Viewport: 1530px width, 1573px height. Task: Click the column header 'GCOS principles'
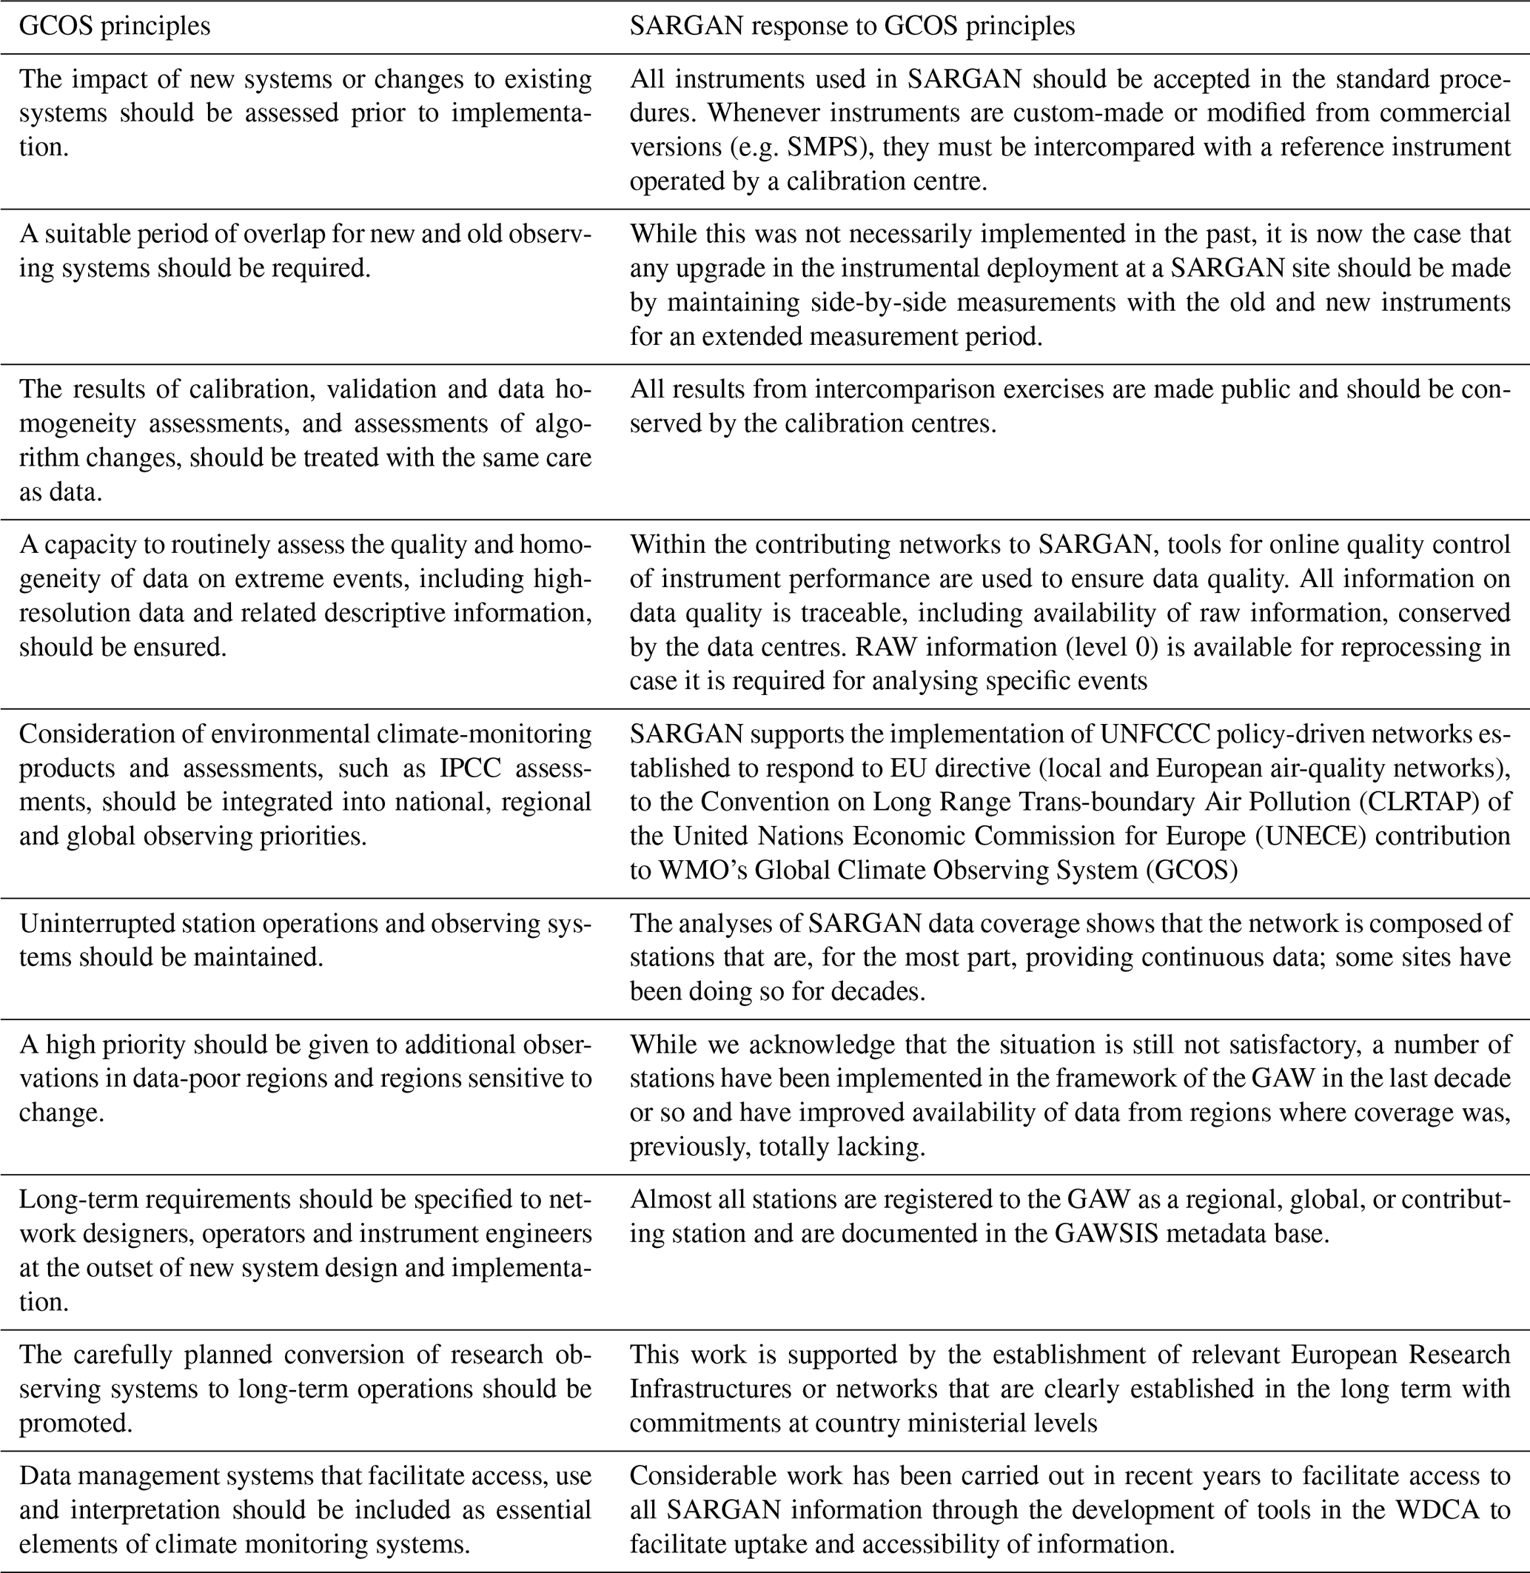(114, 27)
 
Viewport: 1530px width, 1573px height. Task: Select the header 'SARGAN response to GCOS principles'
(852, 27)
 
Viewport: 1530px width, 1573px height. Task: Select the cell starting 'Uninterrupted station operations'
(306, 940)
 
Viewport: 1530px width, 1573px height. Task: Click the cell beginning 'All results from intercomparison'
(1070, 406)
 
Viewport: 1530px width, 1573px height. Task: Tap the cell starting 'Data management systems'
(306, 1510)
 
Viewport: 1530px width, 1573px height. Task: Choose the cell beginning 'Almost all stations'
(1070, 1216)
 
